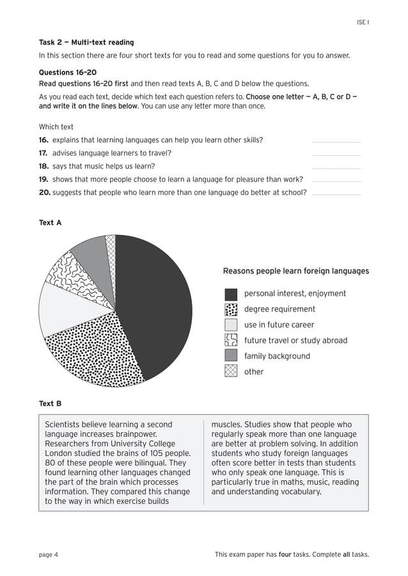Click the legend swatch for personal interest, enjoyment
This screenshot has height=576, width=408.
[231, 294]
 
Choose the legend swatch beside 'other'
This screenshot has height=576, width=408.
[231, 372]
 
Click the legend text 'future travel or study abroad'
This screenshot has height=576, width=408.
[295, 340]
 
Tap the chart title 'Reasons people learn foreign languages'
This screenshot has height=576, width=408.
[295, 271]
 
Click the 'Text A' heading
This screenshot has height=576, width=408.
[51, 223]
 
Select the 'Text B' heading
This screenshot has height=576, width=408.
[51, 404]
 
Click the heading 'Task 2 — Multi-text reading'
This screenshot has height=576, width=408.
[86, 43]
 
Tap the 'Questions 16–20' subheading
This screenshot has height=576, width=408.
[68, 73]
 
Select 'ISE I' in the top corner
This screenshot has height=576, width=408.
[363, 22]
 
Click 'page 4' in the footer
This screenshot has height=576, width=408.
[49, 554]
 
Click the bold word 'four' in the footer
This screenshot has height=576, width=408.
[285, 554]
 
